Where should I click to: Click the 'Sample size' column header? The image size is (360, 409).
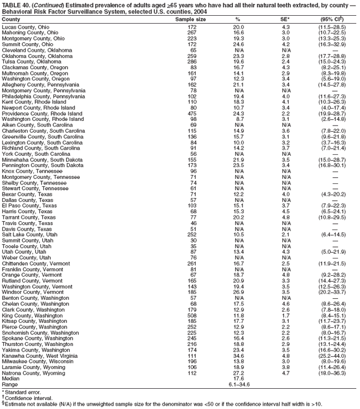[x=191, y=19]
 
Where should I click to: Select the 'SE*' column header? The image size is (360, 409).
[x=286, y=19]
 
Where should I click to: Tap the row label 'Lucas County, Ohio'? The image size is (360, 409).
[x=25, y=27]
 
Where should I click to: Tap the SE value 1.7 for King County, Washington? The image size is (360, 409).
[x=286, y=316]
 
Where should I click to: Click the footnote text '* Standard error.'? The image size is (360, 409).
[x=21, y=392]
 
